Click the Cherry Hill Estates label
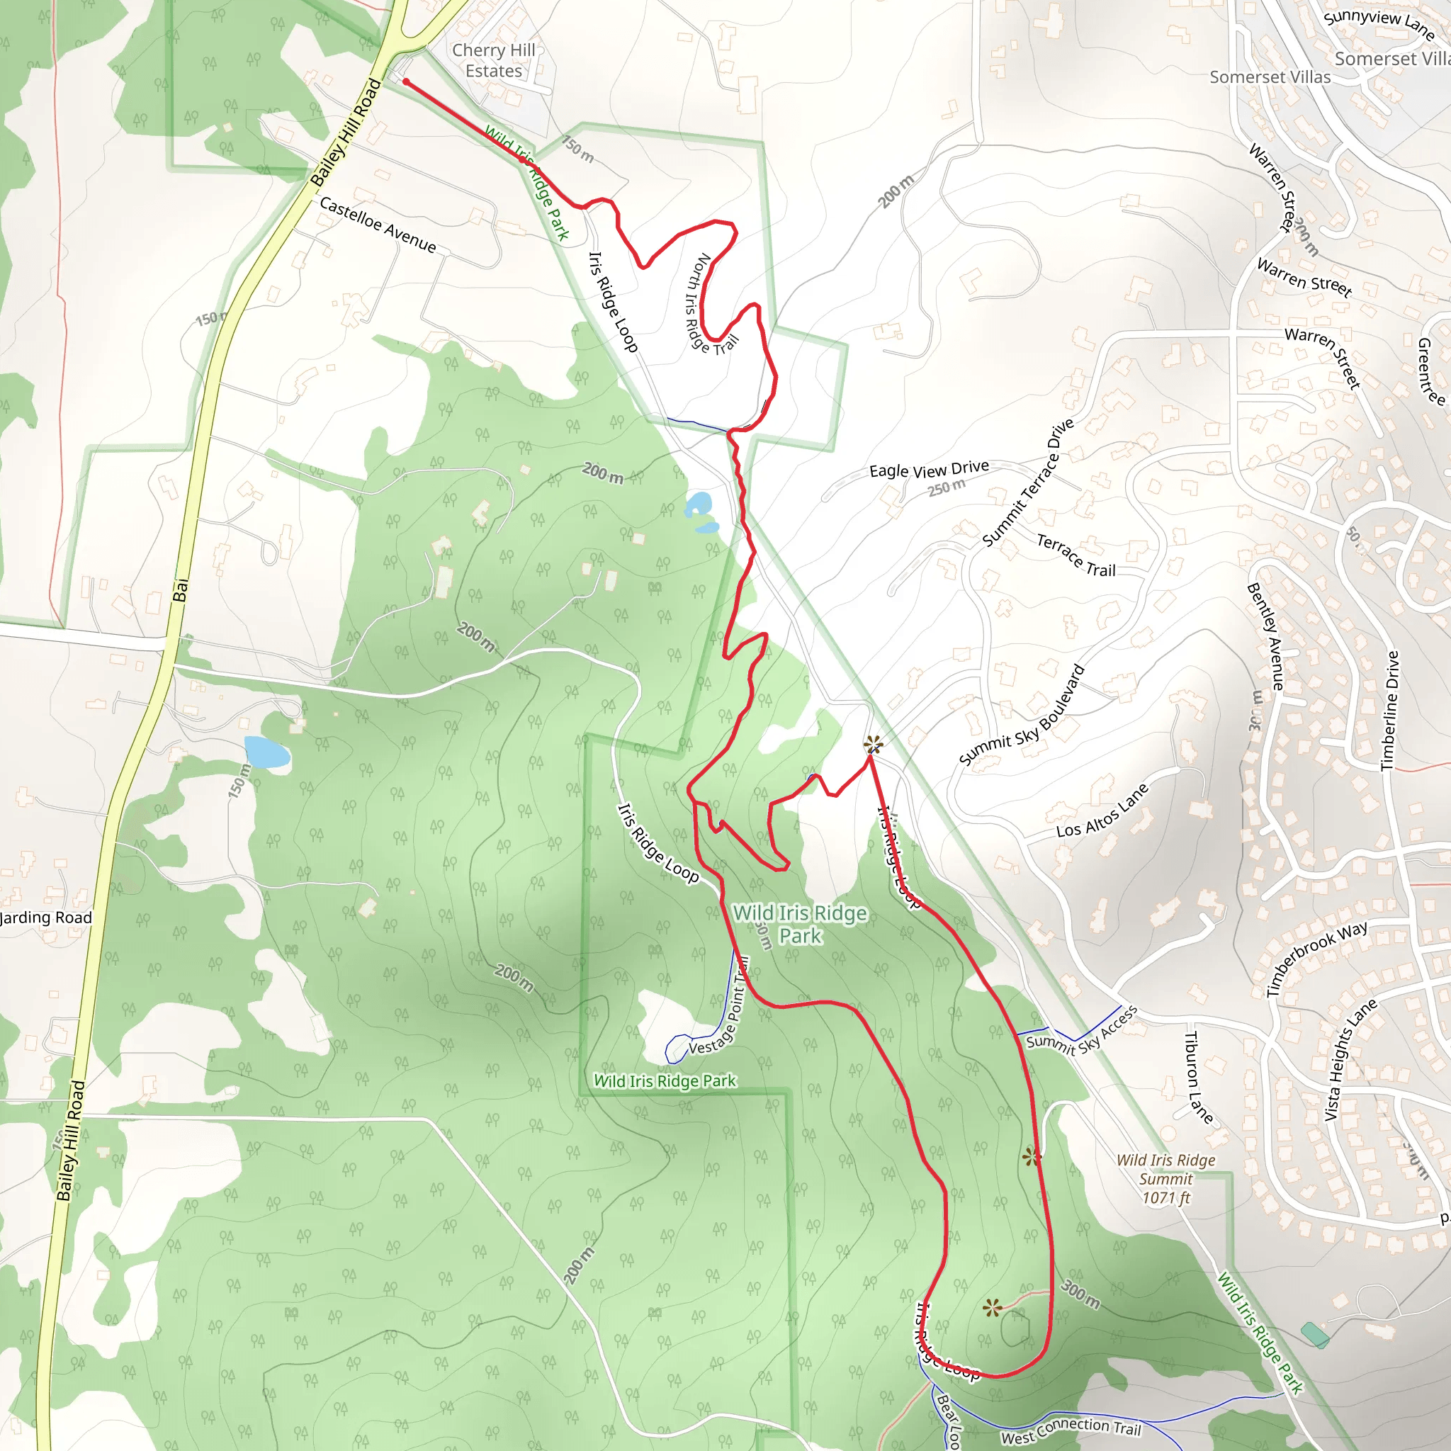point(493,61)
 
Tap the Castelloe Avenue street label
point(378,225)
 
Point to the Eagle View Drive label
point(929,470)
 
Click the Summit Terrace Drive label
point(1029,483)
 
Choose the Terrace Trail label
point(1075,555)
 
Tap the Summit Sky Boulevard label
point(1022,716)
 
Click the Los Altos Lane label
point(1102,811)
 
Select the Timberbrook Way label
point(1316,959)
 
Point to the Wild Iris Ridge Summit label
point(1165,1178)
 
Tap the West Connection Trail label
point(1071,1430)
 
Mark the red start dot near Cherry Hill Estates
point(405,81)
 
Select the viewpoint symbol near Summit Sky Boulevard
point(873,745)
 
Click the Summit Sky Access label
point(1081,1034)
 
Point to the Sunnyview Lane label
point(1379,24)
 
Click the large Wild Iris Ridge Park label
point(800,924)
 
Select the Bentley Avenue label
point(1265,637)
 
